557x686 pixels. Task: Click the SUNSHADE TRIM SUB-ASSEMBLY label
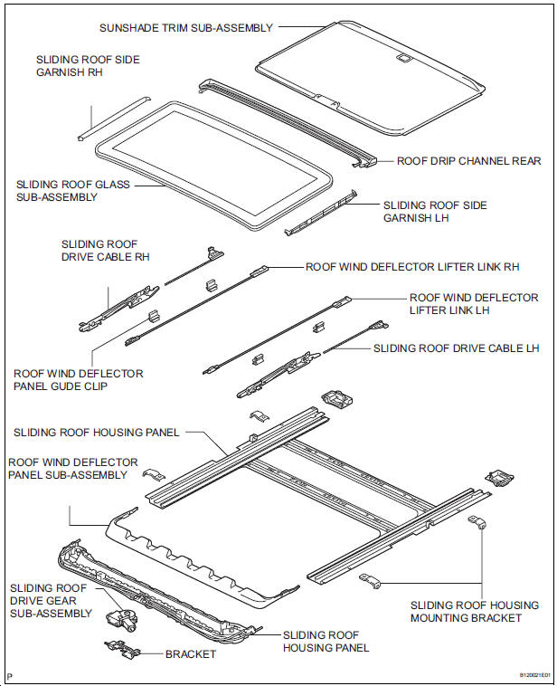186,28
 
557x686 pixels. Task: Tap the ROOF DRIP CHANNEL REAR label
468,161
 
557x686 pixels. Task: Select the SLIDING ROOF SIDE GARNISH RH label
88,66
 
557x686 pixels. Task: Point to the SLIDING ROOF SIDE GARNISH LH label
435,211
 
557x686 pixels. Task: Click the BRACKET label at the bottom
191,654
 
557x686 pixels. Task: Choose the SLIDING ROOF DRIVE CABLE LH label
457,348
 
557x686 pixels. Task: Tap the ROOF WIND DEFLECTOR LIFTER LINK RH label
412,267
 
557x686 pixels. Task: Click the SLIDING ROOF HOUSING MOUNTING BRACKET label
475,612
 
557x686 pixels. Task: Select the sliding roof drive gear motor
120,619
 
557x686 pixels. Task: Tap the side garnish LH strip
320,212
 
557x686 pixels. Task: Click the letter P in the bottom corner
10,676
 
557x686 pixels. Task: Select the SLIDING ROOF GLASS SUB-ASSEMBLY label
73,191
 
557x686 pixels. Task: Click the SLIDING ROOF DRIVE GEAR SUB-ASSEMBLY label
51,601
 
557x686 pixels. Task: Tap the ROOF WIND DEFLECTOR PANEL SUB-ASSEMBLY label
73,469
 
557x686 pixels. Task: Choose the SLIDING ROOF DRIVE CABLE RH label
106,251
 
